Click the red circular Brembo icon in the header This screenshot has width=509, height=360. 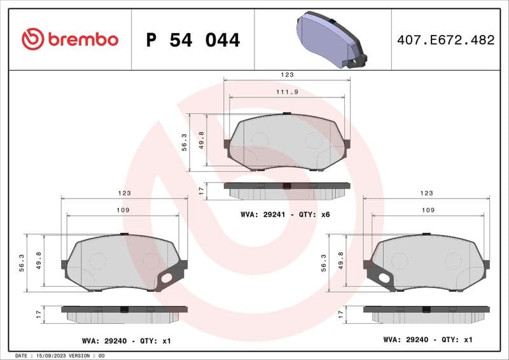[32, 39]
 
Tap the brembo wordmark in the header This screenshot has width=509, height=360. [82, 39]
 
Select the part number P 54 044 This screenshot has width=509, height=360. [193, 40]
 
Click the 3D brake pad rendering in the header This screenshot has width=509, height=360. [330, 39]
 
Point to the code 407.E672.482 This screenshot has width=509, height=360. [445, 40]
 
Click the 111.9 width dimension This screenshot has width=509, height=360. [286, 92]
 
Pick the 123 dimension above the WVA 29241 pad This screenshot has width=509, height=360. [287, 75]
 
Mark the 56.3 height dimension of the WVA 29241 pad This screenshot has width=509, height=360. [185, 142]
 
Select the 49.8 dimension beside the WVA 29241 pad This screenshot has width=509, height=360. [201, 139]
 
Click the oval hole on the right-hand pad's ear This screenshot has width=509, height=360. [383, 277]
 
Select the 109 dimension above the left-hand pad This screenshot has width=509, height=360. [123, 210]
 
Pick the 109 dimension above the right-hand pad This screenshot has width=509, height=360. [427, 210]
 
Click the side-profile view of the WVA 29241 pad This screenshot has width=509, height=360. [286, 190]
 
